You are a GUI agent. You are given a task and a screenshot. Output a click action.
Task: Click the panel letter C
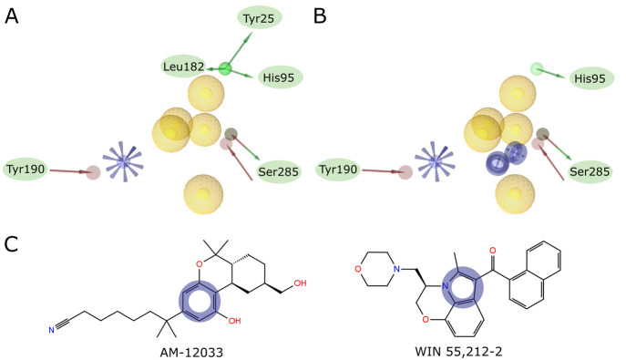pyautogui.click(x=12, y=244)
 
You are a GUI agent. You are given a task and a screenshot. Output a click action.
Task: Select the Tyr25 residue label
pyautogui.click(x=260, y=17)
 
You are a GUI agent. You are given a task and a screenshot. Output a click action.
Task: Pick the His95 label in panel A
pyautogui.click(x=280, y=77)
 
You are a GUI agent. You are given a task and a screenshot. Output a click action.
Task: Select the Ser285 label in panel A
pyautogui.click(x=279, y=172)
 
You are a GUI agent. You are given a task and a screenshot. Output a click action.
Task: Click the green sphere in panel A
pyautogui.click(x=224, y=69)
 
